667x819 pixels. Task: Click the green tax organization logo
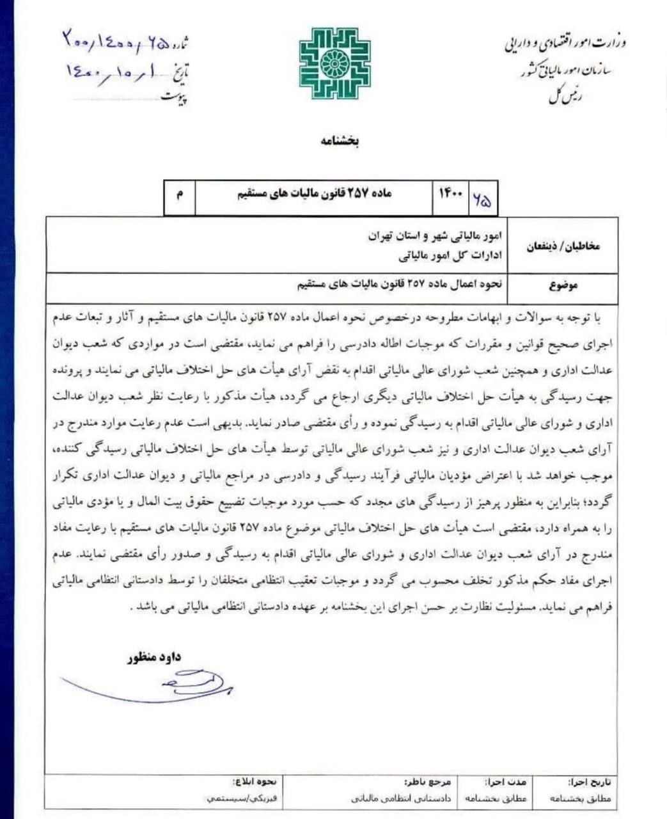[334, 63]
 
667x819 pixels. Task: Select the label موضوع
[563, 285]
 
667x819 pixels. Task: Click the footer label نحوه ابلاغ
[255, 782]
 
